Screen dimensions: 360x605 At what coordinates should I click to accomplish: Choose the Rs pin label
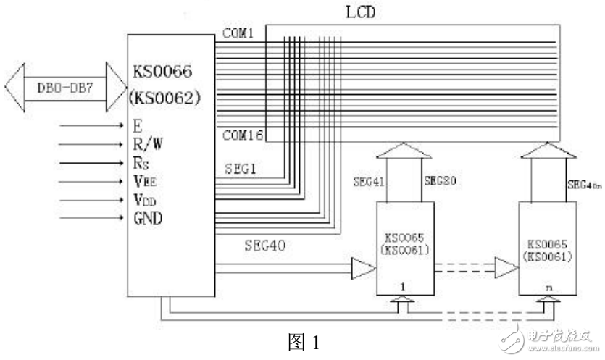[142, 162]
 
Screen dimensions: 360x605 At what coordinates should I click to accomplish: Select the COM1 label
[238, 33]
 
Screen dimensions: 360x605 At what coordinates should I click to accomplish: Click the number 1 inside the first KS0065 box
[404, 287]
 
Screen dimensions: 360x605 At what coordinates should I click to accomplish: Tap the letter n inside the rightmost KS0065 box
[548, 287]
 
